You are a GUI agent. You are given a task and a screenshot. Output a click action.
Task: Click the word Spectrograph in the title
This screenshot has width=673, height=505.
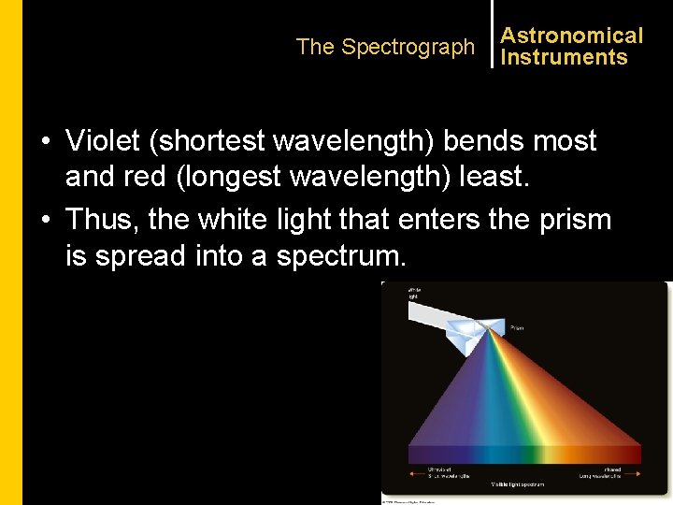pyautogui.click(x=408, y=47)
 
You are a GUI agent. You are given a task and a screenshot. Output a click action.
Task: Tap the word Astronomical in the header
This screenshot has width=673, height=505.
pyautogui.click(x=571, y=36)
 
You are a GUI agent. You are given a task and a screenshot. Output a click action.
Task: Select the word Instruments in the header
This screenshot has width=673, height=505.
pyautogui.click(x=564, y=57)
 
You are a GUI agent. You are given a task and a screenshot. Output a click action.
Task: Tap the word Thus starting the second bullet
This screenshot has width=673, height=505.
pyautogui.click(x=107, y=220)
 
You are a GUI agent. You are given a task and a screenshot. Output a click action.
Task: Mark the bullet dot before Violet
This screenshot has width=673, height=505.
pyautogui.click(x=46, y=142)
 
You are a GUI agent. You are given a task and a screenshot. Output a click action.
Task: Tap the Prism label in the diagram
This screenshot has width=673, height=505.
pyautogui.click(x=517, y=328)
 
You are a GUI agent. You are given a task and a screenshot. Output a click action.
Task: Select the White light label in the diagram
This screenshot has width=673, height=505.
pyautogui.click(x=414, y=293)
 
